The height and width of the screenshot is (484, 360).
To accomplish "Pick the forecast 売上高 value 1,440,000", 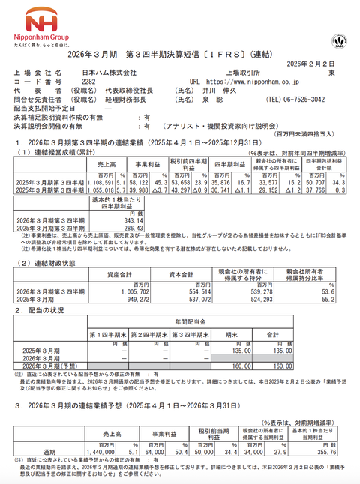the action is tap(100, 454).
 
